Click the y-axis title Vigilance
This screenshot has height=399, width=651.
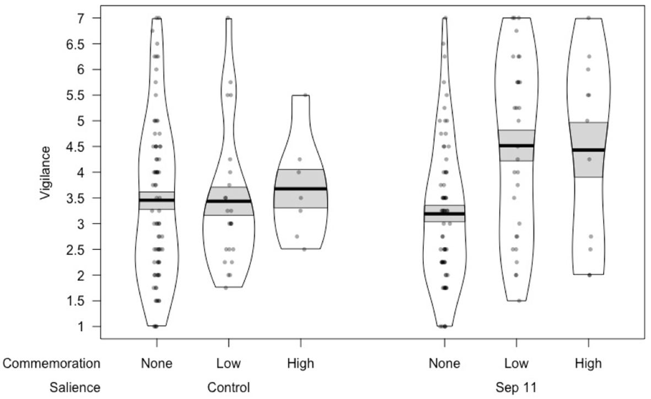(x=45, y=173)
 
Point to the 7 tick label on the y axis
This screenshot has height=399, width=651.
(x=80, y=18)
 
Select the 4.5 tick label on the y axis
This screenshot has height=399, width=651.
(x=75, y=147)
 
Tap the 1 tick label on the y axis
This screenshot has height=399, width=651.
(x=80, y=327)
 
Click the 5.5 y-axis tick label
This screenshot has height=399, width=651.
(x=75, y=95)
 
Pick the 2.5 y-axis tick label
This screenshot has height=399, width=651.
(x=75, y=249)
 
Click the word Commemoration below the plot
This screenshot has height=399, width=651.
(x=51, y=363)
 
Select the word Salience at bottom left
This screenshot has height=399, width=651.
(x=75, y=388)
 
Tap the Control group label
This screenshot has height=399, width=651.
(x=229, y=388)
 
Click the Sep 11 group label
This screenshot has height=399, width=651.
(x=516, y=388)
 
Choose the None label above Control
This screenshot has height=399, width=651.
(x=157, y=363)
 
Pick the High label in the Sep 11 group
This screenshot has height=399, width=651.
(x=588, y=363)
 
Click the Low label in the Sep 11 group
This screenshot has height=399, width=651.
(x=517, y=363)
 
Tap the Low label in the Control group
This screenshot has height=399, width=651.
(x=229, y=363)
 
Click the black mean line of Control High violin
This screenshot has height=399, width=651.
(x=300, y=189)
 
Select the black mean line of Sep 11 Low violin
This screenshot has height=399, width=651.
(x=517, y=146)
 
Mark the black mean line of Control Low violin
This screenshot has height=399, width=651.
(x=229, y=201)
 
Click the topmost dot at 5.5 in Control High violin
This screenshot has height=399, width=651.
(x=305, y=95)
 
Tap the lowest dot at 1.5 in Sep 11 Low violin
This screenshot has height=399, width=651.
(x=519, y=301)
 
